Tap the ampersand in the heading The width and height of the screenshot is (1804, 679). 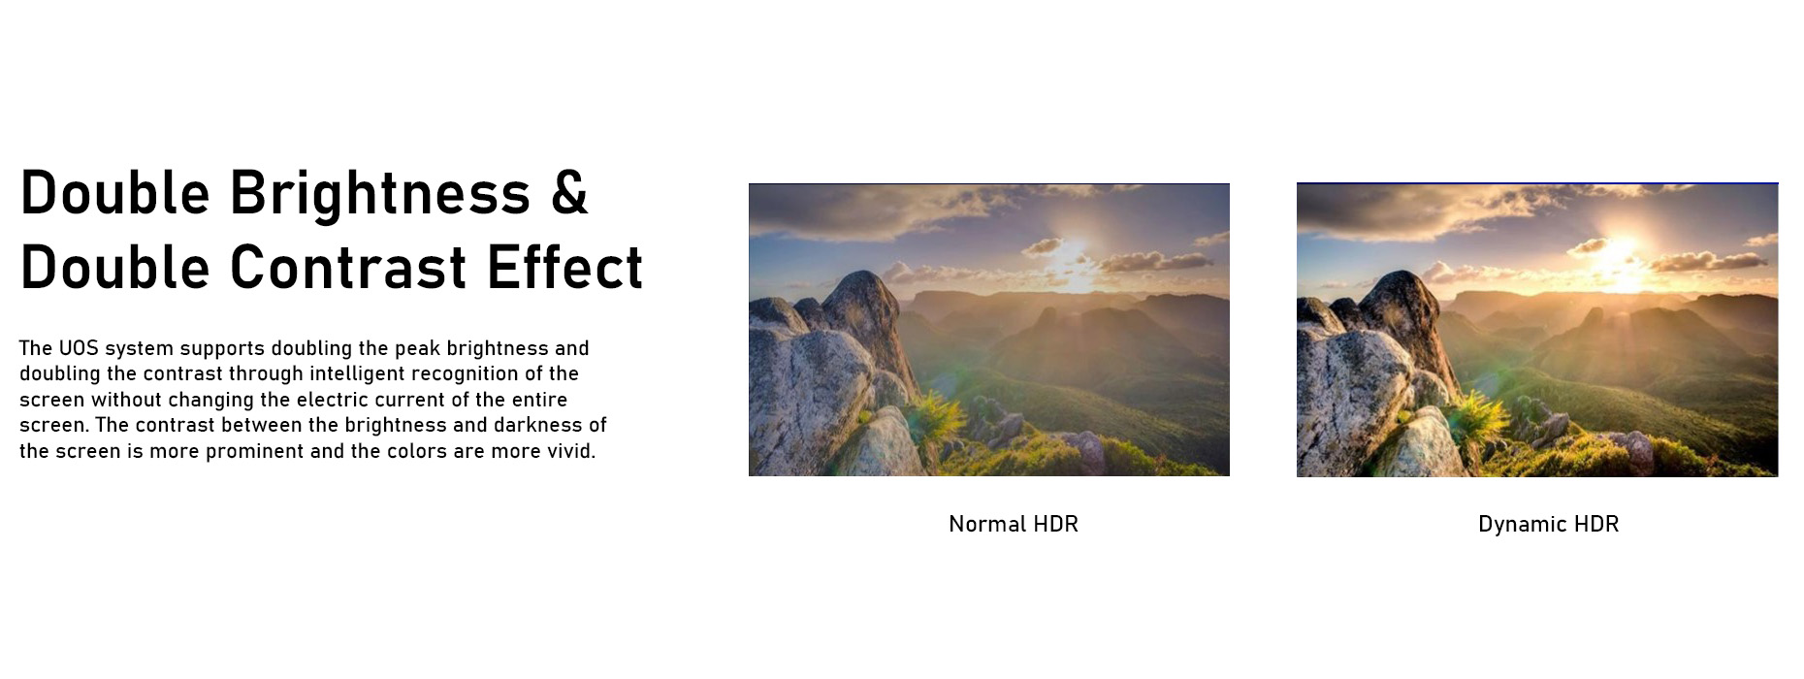click(x=569, y=193)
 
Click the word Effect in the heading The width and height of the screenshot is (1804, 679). click(x=565, y=267)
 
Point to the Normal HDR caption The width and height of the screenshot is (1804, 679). click(x=1014, y=524)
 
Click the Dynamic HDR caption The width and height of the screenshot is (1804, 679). click(x=1548, y=524)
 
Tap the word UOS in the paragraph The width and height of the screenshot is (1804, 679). click(x=79, y=348)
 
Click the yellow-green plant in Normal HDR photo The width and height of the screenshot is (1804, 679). click(x=933, y=418)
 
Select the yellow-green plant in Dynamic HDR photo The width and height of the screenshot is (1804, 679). click(x=1480, y=418)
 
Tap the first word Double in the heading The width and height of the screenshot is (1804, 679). click(x=115, y=193)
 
